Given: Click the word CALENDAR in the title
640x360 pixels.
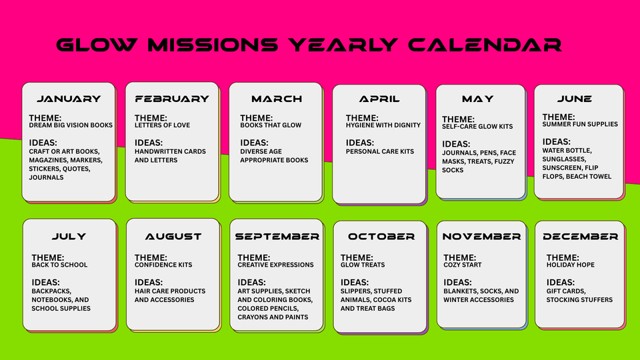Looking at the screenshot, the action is [x=485, y=45].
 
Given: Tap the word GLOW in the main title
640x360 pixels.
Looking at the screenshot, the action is [x=97, y=45].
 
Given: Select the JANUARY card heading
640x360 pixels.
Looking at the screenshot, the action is [x=69, y=99].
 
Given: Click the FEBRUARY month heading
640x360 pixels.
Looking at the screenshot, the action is [x=172, y=99].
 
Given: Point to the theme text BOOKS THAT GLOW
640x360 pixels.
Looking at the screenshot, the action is [x=271, y=125].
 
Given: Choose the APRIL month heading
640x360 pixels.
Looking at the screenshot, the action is [x=379, y=99].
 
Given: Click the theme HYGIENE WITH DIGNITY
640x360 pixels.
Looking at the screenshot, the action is [x=383, y=125].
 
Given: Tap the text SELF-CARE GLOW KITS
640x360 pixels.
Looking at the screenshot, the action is [x=477, y=127].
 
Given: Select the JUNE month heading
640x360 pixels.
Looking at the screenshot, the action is [x=574, y=99].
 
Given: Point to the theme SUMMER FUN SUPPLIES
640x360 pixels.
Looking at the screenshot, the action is [x=580, y=124].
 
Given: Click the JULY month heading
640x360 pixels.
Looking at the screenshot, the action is [x=69, y=236].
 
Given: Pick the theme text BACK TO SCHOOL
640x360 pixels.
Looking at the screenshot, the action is [x=59, y=265].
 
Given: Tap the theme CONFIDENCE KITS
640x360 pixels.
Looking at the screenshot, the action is [x=163, y=265].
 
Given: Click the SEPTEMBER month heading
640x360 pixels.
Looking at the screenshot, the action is [x=277, y=236].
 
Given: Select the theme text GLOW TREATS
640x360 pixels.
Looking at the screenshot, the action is [x=363, y=265].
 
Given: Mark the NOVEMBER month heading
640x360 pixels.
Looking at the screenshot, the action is [x=481, y=236].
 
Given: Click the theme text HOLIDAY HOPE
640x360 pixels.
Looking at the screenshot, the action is [x=570, y=265].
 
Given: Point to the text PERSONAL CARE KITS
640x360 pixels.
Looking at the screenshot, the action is [x=379, y=151].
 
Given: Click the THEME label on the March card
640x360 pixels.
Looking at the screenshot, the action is [x=256, y=118].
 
